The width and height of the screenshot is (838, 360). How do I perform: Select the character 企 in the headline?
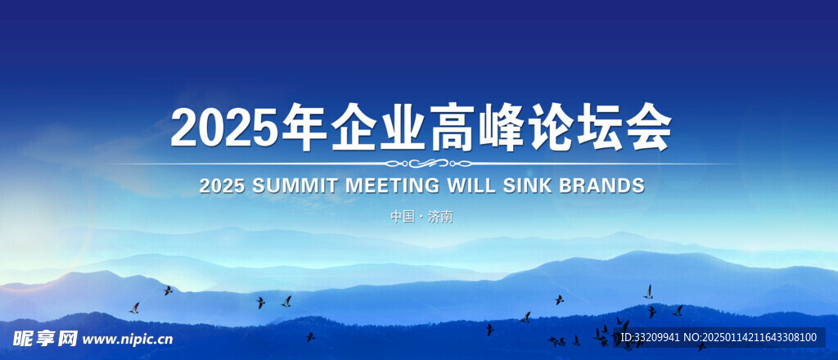point(354,127)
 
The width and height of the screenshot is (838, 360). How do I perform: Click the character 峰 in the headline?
point(500,127)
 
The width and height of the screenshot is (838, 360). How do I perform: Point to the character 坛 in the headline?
point(599,127)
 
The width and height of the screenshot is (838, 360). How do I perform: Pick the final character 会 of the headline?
point(648,127)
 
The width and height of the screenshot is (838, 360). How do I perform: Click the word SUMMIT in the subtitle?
point(295,186)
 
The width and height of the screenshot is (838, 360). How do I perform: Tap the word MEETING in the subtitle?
point(392,186)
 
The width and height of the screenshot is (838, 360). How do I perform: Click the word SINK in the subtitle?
point(526,186)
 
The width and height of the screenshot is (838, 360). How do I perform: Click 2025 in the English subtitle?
point(222,186)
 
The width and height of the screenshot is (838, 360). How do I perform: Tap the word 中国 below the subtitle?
point(403,217)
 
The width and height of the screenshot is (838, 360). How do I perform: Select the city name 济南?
point(440,217)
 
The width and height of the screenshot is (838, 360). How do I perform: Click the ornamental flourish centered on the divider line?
point(429,164)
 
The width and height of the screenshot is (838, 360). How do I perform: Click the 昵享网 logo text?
point(46,338)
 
